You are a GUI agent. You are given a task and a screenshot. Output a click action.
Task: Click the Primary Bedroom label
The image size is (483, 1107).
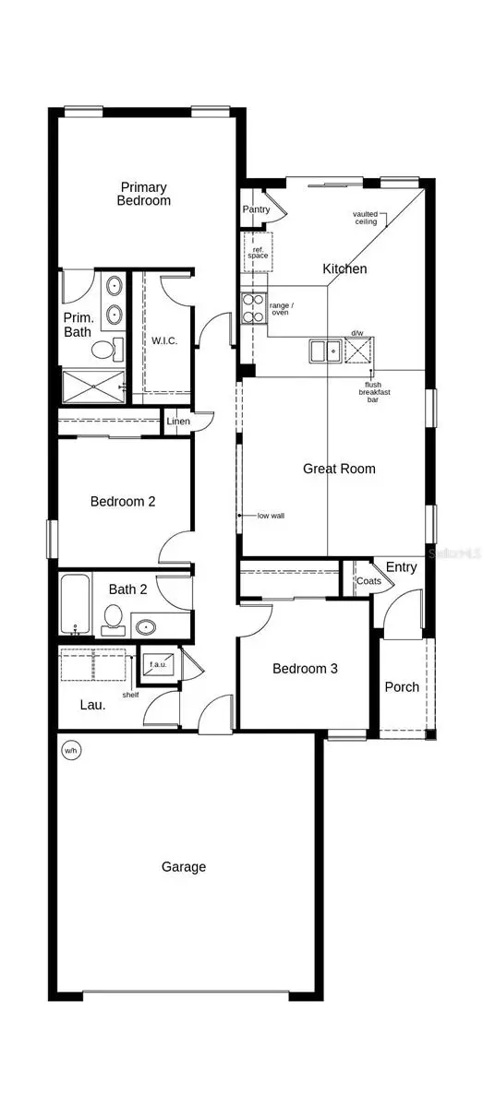coord(144,194)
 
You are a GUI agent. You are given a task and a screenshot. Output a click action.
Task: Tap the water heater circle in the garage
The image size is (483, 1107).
coord(70,751)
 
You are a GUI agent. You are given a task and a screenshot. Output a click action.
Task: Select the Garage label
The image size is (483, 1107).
coord(184,867)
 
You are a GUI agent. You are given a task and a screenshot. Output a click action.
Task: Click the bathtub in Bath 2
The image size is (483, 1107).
coord(75,605)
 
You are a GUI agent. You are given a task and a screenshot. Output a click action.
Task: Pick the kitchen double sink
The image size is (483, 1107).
coord(324,351)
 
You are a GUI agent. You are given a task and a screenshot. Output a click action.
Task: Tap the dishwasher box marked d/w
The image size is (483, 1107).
coord(356,350)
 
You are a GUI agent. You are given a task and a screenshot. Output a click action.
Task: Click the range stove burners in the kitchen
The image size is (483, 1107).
coord(252,307)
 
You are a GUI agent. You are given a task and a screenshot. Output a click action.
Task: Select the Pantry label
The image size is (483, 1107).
coord(256,209)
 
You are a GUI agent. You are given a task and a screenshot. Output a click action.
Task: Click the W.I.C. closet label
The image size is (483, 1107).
coord(164,340)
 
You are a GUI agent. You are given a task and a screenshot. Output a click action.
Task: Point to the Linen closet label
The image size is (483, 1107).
coord(178,422)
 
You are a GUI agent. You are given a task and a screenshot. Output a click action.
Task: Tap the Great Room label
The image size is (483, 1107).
coord(339,469)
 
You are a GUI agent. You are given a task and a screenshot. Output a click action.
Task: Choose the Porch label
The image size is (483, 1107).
coord(402,687)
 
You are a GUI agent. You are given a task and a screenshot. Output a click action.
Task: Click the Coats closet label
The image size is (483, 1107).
coord(368,581)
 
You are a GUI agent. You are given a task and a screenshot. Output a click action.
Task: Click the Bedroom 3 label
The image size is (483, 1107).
coord(305,669)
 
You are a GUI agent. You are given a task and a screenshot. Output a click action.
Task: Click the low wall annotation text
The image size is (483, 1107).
coord(271,516)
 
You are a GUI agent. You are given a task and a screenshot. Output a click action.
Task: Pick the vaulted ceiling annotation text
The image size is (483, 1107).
coord(366,218)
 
